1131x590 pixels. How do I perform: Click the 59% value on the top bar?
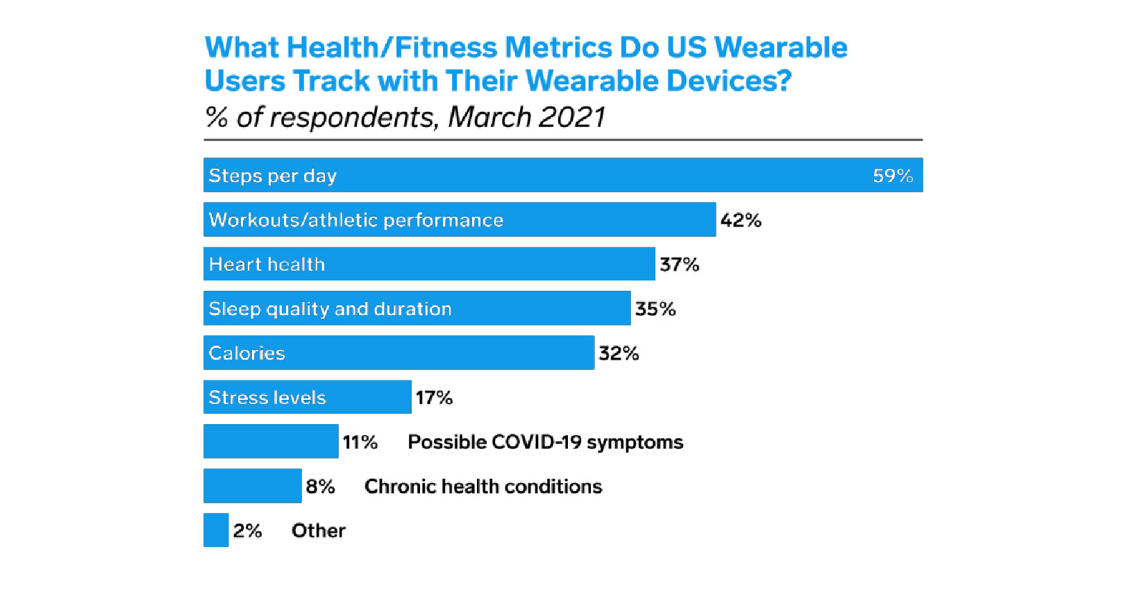tap(892, 176)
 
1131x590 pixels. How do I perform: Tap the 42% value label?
tap(741, 220)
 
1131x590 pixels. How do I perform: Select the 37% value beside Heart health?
tap(679, 264)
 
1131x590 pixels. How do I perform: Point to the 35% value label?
tap(655, 309)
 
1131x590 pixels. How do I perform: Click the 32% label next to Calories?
tap(619, 353)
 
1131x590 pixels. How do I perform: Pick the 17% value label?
tap(434, 398)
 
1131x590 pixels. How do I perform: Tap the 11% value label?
tap(360, 442)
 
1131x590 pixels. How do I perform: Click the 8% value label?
tap(320, 487)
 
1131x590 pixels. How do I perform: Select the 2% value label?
tap(247, 531)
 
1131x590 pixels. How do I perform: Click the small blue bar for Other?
tap(216, 530)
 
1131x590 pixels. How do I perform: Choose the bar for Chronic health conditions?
tap(252, 486)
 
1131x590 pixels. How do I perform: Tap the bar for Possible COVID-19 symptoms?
tap(271, 441)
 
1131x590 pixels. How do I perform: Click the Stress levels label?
tap(267, 398)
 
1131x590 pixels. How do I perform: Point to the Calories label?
tap(246, 353)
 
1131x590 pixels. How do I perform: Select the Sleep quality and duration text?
tap(330, 309)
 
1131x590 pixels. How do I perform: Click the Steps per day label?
tap(272, 176)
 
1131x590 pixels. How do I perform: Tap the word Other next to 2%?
tap(318, 531)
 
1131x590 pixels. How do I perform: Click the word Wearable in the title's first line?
tap(780, 47)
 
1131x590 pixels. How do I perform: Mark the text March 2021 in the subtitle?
tap(526, 117)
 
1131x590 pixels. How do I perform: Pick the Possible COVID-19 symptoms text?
tap(545, 442)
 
